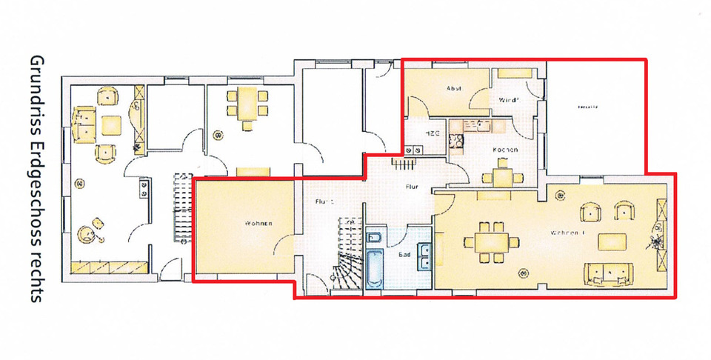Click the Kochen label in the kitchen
pos(504,150)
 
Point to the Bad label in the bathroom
pos(404,254)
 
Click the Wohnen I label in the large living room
pos(568,233)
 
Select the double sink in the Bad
pos(424,256)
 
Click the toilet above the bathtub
pos(373,239)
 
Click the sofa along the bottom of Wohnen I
pos(610,274)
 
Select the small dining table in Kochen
pos(501,178)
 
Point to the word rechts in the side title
pos(35,277)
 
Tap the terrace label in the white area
pos(588,107)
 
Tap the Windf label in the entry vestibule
pos(507,99)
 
